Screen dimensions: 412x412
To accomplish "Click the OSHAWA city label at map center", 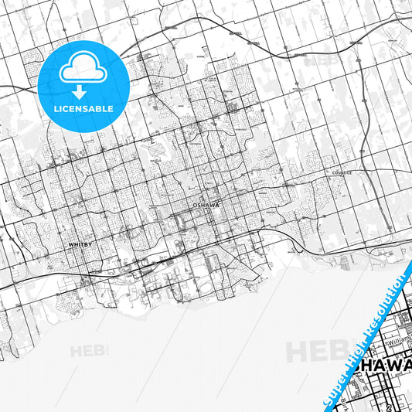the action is pos(206,206).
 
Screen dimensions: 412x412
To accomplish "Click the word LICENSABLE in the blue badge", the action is pos(83,109).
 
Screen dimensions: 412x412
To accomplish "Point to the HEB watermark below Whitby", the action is pos(90,351).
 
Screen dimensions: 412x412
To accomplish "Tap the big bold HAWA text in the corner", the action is pos(386,365).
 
